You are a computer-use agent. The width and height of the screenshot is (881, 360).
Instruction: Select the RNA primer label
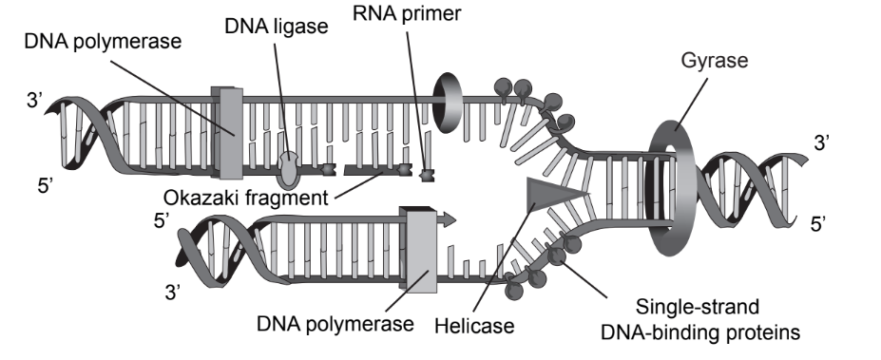coord(407,13)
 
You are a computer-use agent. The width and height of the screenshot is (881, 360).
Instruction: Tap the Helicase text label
coord(473,325)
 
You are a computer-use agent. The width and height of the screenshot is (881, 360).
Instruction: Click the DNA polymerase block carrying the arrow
coord(420,251)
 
